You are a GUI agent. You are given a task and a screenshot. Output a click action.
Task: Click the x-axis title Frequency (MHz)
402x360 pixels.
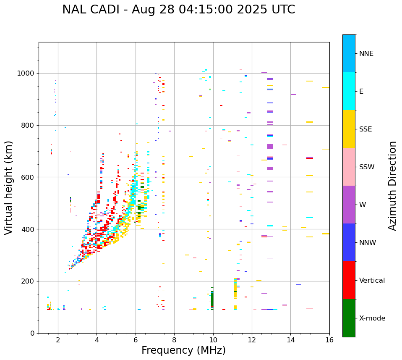[183, 350]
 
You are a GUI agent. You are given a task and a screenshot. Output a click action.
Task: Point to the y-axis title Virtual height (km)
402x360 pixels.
[9, 187]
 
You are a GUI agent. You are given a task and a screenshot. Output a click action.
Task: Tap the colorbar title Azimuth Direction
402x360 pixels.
[392, 186]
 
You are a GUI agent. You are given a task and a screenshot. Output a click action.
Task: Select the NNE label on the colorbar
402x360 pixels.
[366, 54]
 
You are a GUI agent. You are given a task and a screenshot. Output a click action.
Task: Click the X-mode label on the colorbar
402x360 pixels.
[372, 318]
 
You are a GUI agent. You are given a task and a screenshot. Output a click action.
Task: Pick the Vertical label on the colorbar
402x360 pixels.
[372, 281]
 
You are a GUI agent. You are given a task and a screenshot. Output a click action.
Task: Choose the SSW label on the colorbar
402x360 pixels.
[366, 167]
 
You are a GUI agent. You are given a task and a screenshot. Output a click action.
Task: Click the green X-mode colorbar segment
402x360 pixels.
[349, 318]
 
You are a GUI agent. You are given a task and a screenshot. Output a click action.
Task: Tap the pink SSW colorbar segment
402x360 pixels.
[349, 167]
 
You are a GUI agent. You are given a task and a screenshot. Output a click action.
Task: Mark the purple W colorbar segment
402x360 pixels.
[349, 205]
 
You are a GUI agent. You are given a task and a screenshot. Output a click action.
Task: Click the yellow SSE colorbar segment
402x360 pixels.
[349, 129]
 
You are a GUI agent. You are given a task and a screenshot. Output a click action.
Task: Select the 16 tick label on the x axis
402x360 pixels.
[329, 340]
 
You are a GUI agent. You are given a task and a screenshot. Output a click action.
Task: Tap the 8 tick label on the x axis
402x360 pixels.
[174, 340]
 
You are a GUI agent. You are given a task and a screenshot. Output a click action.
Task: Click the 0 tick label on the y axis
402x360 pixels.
[32, 333]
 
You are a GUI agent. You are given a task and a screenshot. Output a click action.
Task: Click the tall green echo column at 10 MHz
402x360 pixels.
[212, 299]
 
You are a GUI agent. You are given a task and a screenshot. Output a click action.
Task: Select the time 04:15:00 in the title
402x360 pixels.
[194, 10]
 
